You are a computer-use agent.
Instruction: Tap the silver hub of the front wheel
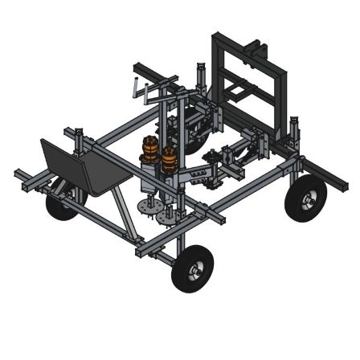point(194,272)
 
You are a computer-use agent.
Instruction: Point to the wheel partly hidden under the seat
point(60,205)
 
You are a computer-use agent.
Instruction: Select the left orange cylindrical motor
point(150,152)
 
